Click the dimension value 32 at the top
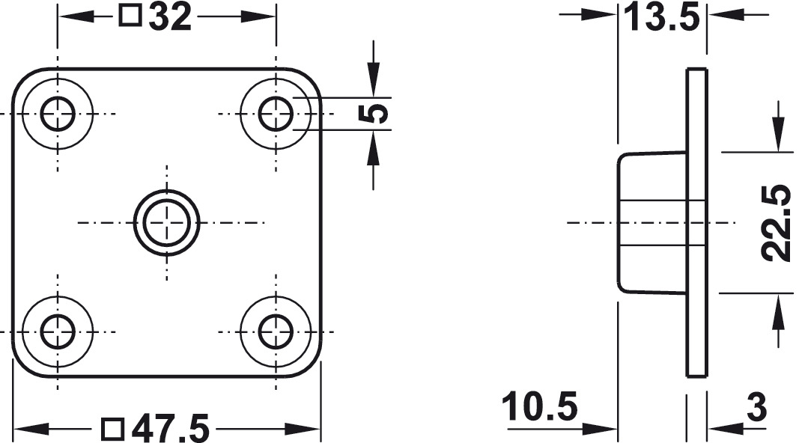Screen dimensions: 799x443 tap(170, 16)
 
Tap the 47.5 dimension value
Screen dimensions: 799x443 tap(170, 429)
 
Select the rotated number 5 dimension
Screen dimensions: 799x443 tap(374, 113)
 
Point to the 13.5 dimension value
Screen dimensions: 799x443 tap(662, 17)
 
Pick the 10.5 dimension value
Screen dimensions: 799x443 tap(540, 406)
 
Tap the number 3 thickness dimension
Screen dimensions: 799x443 tap(756, 407)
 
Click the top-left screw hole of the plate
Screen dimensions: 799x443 tap(58, 114)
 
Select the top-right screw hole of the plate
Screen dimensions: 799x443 tap(276, 114)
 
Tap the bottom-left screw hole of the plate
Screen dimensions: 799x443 tap(58, 332)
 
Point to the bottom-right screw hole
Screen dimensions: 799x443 tap(276, 332)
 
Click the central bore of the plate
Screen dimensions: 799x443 tap(167, 222)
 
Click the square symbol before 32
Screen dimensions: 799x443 tap(130, 16)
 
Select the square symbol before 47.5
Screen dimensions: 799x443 tap(113, 430)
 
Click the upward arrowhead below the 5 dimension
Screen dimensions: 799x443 tap(374, 147)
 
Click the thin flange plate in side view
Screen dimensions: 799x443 tap(696, 222)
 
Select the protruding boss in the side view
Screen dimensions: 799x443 tap(651, 222)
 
